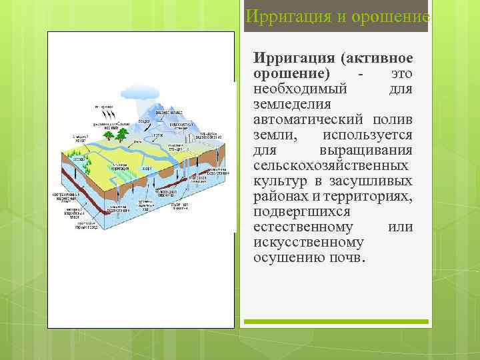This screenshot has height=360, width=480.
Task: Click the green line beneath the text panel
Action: pos(336,321)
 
